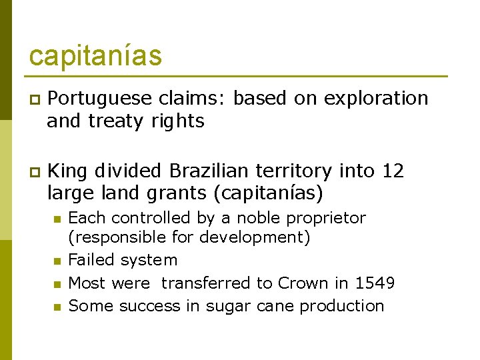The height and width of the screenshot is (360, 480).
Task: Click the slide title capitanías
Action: click(x=95, y=56)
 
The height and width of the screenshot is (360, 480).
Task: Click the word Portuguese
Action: click(x=100, y=99)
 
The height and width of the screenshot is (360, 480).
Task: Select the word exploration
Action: click(x=376, y=99)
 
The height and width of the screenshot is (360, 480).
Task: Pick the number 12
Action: click(x=393, y=171)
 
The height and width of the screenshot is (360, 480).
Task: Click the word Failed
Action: click(x=90, y=260)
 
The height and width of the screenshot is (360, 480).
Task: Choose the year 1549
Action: click(x=374, y=283)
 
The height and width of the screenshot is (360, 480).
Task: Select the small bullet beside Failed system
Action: click(x=57, y=261)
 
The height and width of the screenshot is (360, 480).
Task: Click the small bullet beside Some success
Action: click(x=57, y=307)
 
